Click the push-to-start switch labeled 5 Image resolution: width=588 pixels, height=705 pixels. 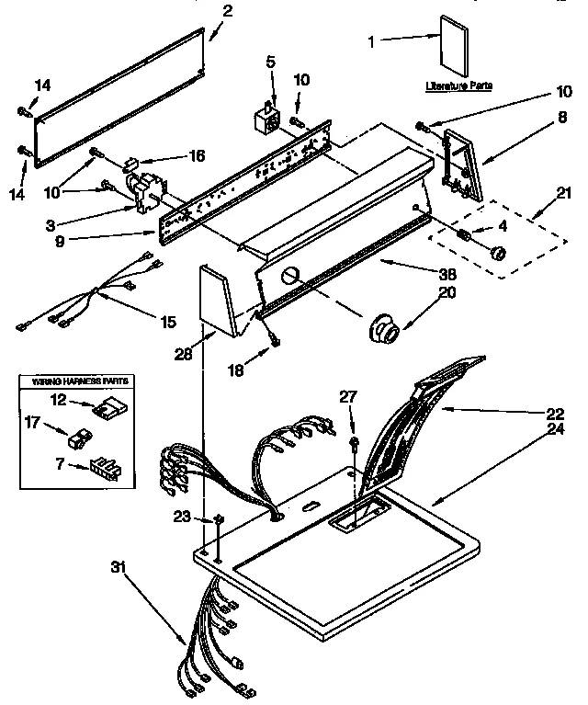click(266, 119)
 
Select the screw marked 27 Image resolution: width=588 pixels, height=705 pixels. click(354, 446)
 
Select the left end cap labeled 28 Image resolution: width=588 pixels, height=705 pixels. click(215, 294)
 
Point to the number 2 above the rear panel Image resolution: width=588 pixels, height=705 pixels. click(228, 11)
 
